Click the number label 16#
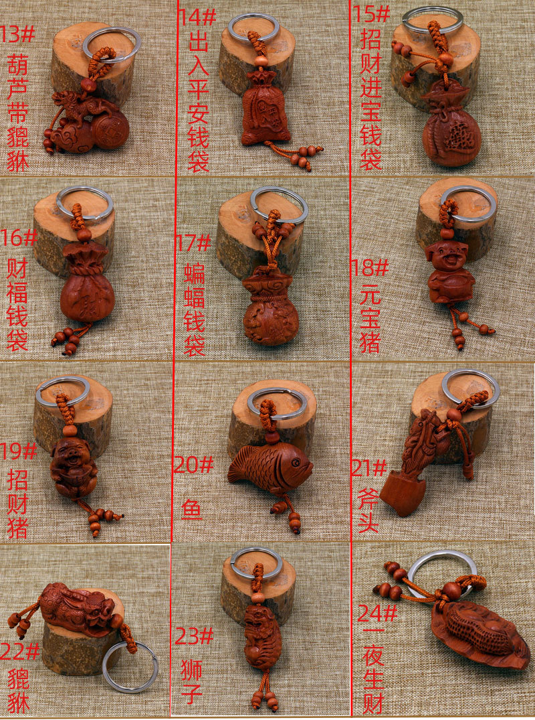tap(20, 236)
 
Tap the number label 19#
tap(19, 451)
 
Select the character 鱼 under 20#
tap(192, 510)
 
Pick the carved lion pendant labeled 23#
tap(261, 636)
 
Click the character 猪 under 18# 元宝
tap(370, 342)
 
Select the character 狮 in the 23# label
tap(191, 670)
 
